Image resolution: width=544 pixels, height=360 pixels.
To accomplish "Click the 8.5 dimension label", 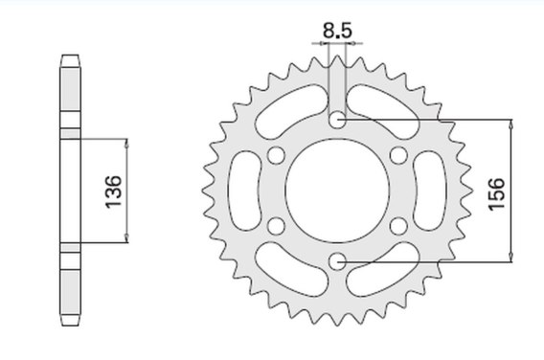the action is point(337,31).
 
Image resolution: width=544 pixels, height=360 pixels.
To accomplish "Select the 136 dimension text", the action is point(114,191).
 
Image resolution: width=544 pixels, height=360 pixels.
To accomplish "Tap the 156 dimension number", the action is point(496,193).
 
